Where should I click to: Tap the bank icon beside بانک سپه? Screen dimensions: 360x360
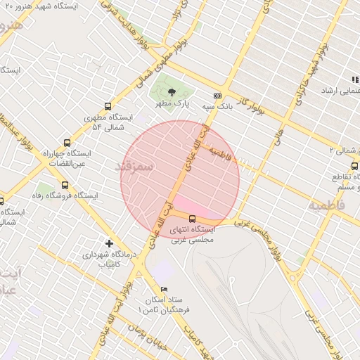point(217,96)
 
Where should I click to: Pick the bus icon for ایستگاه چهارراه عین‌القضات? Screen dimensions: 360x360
point(67,143)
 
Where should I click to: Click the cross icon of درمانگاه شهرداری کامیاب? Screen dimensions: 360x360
point(108,243)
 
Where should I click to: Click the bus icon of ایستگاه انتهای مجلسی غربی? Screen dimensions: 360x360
point(193,219)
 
